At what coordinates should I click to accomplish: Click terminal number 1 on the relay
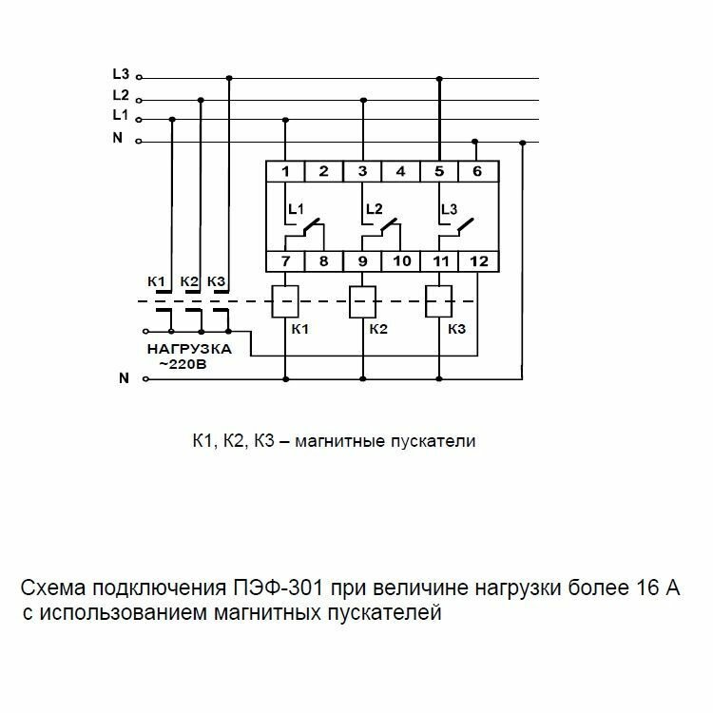(x=285, y=172)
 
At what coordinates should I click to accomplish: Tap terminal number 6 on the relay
(x=476, y=172)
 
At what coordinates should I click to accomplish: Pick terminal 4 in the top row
(x=400, y=172)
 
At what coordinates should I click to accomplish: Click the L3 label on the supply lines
(x=120, y=74)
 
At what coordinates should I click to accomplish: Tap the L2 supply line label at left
(x=120, y=95)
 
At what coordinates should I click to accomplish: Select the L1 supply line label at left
(x=120, y=115)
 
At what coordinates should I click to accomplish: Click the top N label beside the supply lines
(x=118, y=138)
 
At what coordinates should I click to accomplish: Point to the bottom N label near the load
(x=123, y=378)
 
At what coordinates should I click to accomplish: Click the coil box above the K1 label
(x=286, y=301)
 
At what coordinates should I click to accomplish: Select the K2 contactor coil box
(x=363, y=301)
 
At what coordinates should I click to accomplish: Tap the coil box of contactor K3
(x=438, y=301)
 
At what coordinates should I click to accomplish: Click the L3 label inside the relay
(x=450, y=208)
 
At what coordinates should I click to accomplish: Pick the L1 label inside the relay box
(x=297, y=208)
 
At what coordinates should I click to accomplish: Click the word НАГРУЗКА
(x=189, y=350)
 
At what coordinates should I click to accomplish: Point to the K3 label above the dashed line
(x=217, y=282)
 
